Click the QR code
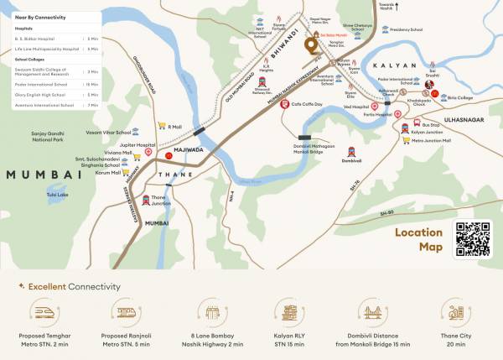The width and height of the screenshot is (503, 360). pyautogui.click(x=473, y=238)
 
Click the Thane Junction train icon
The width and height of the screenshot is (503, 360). pyautogui.click(x=147, y=201)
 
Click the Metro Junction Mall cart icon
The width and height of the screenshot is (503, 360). pyautogui.click(x=405, y=141)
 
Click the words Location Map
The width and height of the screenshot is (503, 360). pyautogui.click(x=419, y=239)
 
